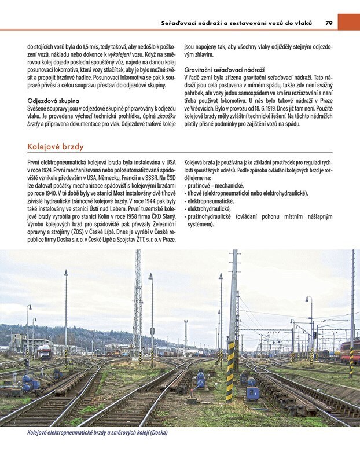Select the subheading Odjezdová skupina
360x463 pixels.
pyautogui.click(x=53, y=99)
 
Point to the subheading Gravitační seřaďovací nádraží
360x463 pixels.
pyautogui.click(x=225, y=68)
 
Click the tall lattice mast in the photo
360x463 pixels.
pyautogui.click(x=138, y=301)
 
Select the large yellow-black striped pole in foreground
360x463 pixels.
pyautogui.click(x=231, y=370)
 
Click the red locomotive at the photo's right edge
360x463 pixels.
pyautogui.click(x=351, y=350)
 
